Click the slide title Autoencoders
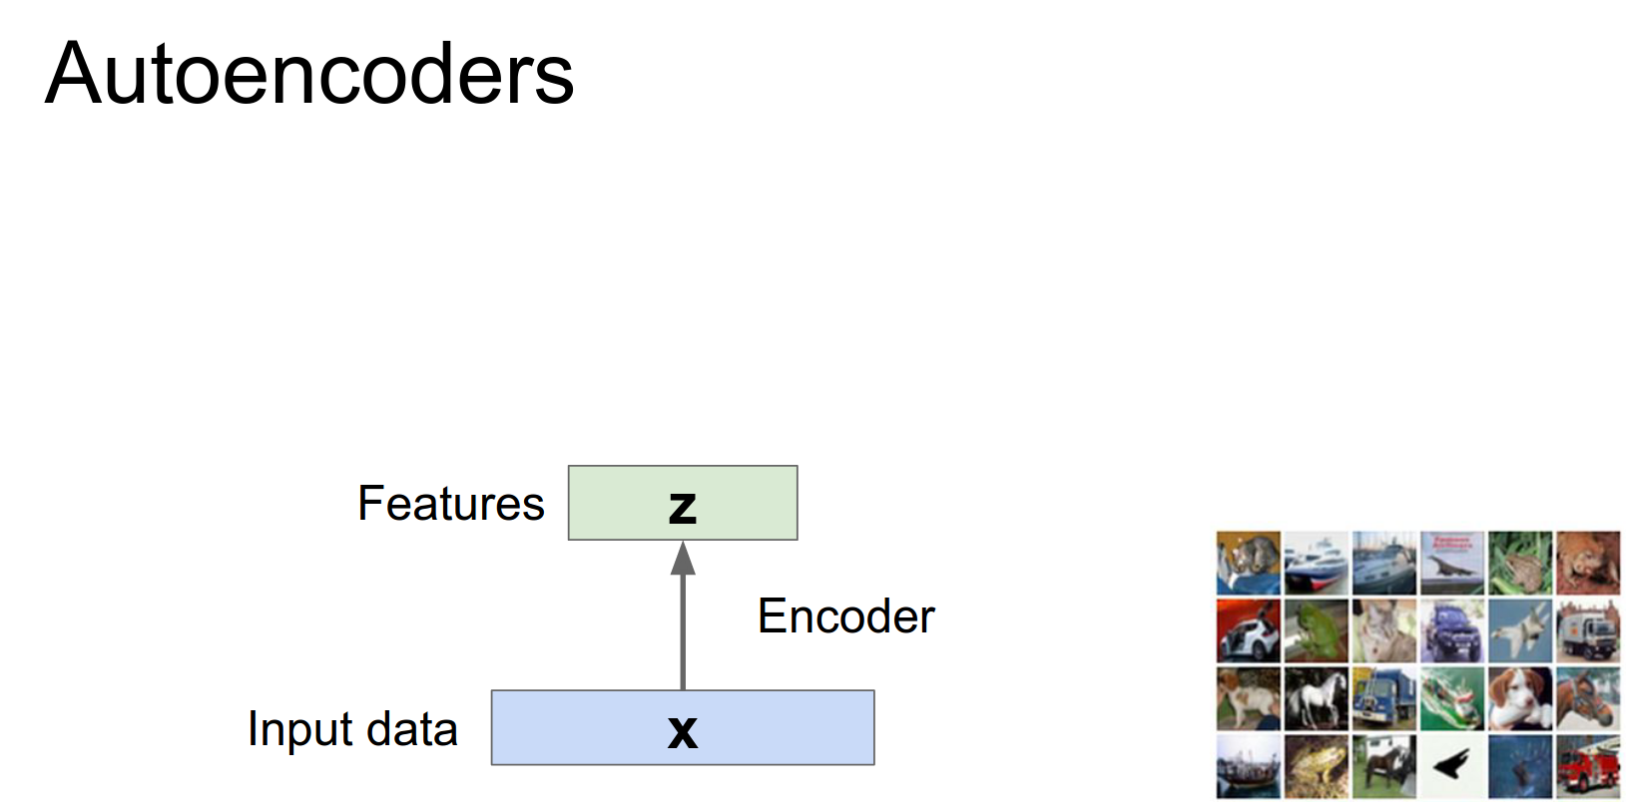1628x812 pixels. pos(309,74)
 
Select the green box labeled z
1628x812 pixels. pos(683,503)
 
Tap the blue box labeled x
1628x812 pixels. pos(683,728)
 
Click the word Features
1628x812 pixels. pos(451,503)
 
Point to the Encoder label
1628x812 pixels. pos(846,615)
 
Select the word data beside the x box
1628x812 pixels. pos(411,729)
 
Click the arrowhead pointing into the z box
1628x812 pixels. pos(683,559)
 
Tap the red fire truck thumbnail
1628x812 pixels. pos(1587,766)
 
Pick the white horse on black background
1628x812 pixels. pos(1316,698)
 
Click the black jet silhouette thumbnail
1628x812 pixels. pos(1451,766)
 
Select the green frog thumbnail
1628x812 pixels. pos(1316,630)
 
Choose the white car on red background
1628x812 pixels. pos(1248,630)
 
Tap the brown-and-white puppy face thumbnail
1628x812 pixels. pos(1519,698)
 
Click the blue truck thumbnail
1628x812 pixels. pos(1383,698)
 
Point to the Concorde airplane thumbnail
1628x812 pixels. pos(1451,563)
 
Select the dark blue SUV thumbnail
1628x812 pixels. pos(1451,630)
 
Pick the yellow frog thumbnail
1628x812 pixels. pos(1316,766)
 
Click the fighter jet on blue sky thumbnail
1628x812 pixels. pos(1519,630)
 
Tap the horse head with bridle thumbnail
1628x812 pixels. pos(1587,698)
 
